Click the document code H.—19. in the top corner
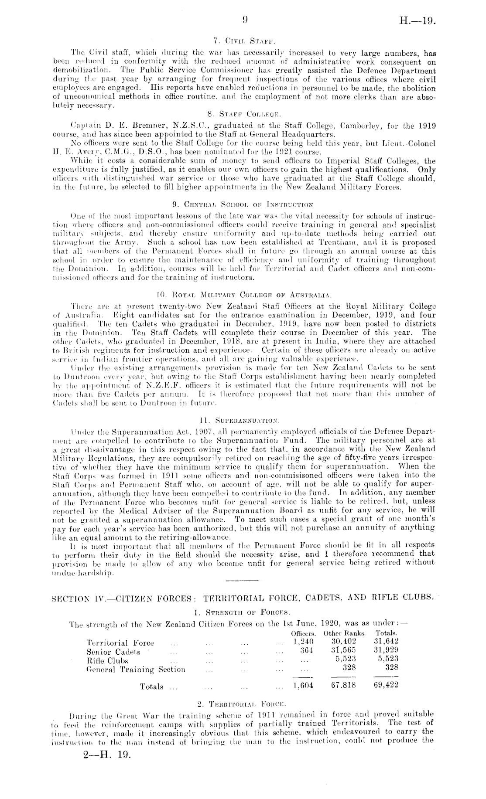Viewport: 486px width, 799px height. [418, 20]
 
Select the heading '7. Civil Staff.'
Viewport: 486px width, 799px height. [243, 42]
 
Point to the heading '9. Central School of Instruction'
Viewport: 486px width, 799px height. [243, 204]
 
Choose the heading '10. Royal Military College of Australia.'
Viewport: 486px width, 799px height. [243, 291]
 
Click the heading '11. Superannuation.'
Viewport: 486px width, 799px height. [243, 421]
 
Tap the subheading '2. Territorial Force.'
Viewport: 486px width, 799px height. [243, 703]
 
